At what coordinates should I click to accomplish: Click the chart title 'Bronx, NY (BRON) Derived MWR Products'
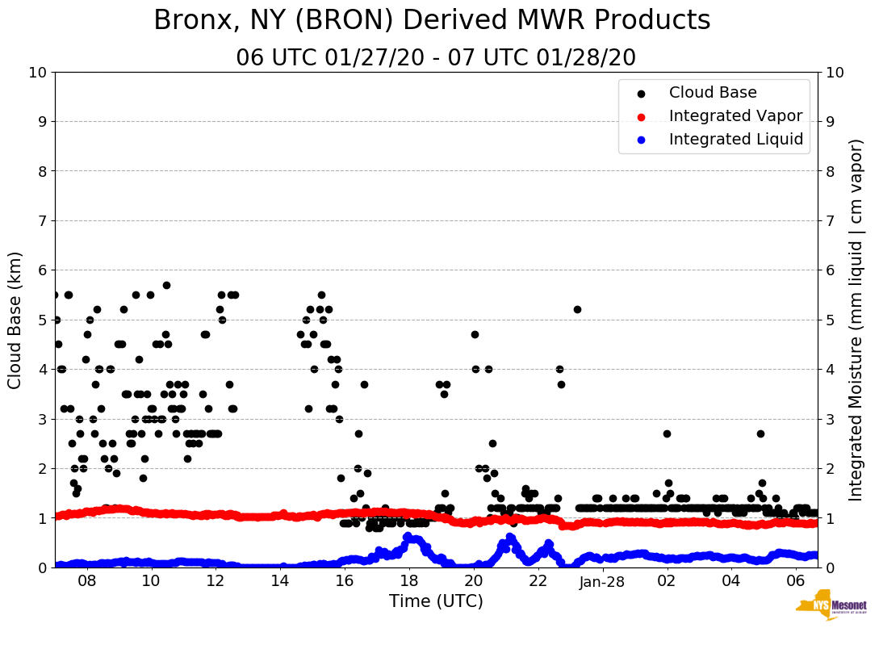point(432,21)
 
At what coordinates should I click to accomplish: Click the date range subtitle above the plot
point(436,58)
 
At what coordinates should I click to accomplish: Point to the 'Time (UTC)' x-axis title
point(436,601)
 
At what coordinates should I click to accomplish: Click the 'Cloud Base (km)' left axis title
point(15,320)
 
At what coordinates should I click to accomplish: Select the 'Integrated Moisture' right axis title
point(857,320)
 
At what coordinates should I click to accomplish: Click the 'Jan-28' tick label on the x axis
point(602,580)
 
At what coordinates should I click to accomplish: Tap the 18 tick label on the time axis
point(409,580)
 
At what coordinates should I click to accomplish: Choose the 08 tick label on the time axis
point(87,580)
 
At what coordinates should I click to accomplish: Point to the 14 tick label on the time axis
point(280,580)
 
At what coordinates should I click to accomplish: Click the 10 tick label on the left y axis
point(38,73)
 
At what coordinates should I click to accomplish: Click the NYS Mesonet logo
point(831,608)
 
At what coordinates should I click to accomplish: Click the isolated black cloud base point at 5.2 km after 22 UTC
point(577,309)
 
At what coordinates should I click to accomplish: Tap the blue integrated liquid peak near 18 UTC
point(408,536)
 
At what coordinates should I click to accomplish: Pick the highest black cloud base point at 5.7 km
point(166,285)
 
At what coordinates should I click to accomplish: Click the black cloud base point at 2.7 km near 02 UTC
point(667,433)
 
